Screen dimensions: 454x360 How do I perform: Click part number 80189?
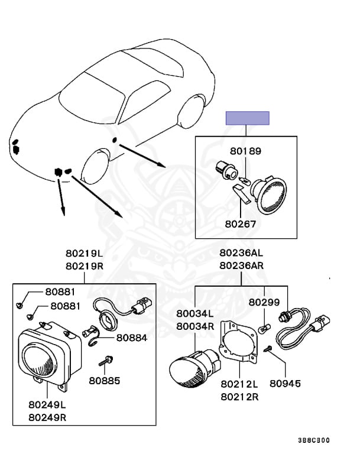pyautogui.click(x=245, y=151)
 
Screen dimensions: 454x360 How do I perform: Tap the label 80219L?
pyautogui.click(x=83, y=254)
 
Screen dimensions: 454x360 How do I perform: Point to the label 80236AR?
pyautogui.click(x=242, y=266)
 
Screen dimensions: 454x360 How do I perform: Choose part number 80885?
pyautogui.click(x=105, y=380)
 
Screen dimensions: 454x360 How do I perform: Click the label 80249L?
pyautogui.click(x=47, y=406)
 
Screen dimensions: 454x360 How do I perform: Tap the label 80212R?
pyautogui.click(x=239, y=397)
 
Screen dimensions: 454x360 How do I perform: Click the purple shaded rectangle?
pyautogui.click(x=248, y=118)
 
